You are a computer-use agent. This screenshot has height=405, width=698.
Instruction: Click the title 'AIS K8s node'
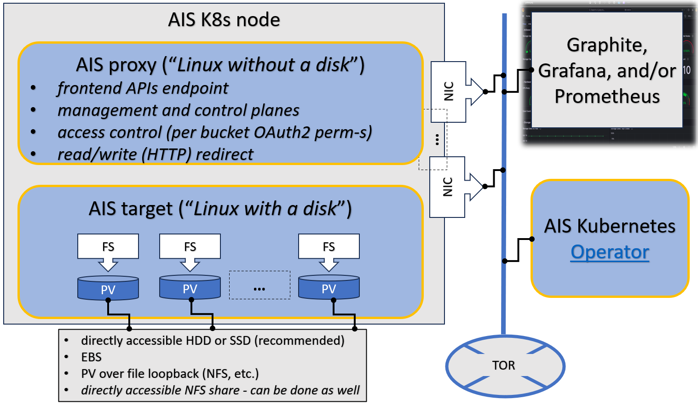(224, 20)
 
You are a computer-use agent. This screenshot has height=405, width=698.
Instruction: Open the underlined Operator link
(610, 252)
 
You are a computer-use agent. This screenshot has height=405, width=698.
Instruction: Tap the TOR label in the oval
(503, 365)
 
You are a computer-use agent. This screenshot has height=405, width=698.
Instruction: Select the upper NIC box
(449, 91)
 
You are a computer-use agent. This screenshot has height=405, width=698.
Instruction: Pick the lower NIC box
(447, 187)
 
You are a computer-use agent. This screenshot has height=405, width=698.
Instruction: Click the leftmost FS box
(108, 246)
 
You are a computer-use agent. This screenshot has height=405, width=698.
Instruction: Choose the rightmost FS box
(329, 246)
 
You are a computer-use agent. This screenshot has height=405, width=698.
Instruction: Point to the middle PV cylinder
(190, 288)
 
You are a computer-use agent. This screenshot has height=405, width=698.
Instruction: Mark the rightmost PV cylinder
(329, 288)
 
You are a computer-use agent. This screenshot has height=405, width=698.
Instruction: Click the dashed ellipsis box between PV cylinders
(260, 285)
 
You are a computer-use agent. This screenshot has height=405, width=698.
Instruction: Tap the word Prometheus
(607, 97)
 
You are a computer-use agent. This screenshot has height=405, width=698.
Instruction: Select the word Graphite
(606, 45)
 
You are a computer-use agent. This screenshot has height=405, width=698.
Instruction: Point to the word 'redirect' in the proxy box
(225, 154)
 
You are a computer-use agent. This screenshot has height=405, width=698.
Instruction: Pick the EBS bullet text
(91, 357)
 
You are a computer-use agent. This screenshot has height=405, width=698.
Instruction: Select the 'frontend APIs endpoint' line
(143, 88)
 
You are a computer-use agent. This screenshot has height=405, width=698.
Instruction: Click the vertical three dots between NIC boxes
(437, 139)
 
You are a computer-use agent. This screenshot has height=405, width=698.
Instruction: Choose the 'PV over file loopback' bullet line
(170, 374)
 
